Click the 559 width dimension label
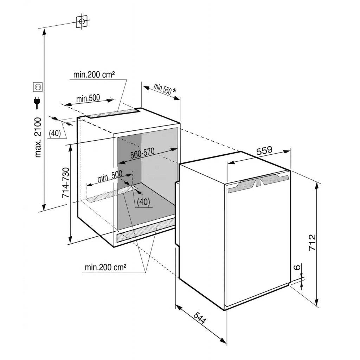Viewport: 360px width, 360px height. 264,150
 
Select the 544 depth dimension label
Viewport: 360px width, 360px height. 200,318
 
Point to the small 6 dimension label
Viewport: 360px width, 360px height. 297,267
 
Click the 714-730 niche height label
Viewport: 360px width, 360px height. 66,183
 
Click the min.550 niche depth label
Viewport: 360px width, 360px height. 162,89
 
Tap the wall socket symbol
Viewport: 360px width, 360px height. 38,87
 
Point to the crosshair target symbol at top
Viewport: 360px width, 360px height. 82,21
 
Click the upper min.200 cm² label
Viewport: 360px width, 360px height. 94,75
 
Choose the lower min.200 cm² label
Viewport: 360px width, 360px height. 105,267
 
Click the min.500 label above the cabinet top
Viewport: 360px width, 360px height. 88,98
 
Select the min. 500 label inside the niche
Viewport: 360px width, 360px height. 110,176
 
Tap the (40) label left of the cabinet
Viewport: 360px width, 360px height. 55,133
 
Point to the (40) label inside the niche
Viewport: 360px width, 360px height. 143,202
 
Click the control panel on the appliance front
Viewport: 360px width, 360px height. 258,182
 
